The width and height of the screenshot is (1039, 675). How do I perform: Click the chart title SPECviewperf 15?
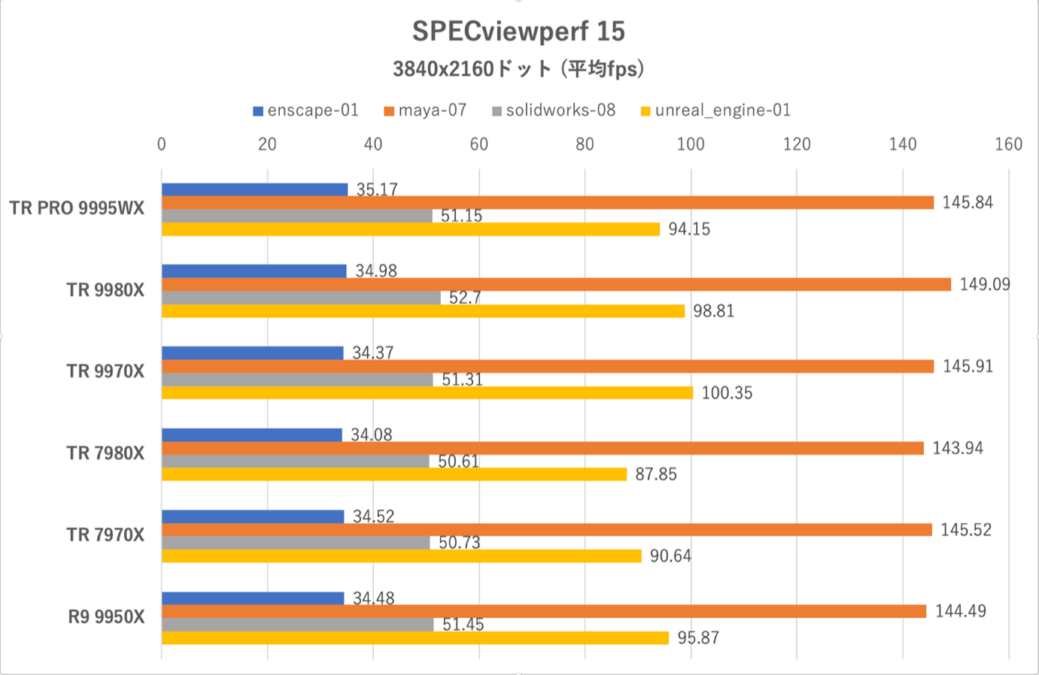click(518, 31)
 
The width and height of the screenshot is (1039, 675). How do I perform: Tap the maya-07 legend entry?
click(425, 110)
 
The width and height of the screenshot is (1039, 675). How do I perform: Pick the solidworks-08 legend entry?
click(554, 110)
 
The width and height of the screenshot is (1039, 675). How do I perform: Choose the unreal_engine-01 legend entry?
click(715, 110)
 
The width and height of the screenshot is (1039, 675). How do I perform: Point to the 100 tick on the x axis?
click(691, 144)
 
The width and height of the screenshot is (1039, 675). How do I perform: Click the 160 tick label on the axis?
click(1008, 144)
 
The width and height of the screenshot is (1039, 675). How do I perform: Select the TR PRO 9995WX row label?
click(77, 208)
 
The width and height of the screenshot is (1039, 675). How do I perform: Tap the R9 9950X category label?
click(106, 617)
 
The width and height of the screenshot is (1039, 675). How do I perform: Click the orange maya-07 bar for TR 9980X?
click(556, 284)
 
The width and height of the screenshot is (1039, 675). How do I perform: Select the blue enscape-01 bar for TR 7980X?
click(252, 434)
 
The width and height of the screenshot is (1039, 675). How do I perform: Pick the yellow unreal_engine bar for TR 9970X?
click(427, 392)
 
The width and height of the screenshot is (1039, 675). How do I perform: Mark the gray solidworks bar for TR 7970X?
click(296, 543)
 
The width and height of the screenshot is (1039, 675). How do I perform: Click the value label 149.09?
click(984, 284)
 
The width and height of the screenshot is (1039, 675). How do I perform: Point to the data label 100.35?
click(727, 392)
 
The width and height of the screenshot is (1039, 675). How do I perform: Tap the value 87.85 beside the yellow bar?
click(656, 474)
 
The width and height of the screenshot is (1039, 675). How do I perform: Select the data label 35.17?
click(377, 189)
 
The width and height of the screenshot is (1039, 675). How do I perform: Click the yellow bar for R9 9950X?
click(415, 637)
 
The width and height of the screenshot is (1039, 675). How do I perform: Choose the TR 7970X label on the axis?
click(105, 535)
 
